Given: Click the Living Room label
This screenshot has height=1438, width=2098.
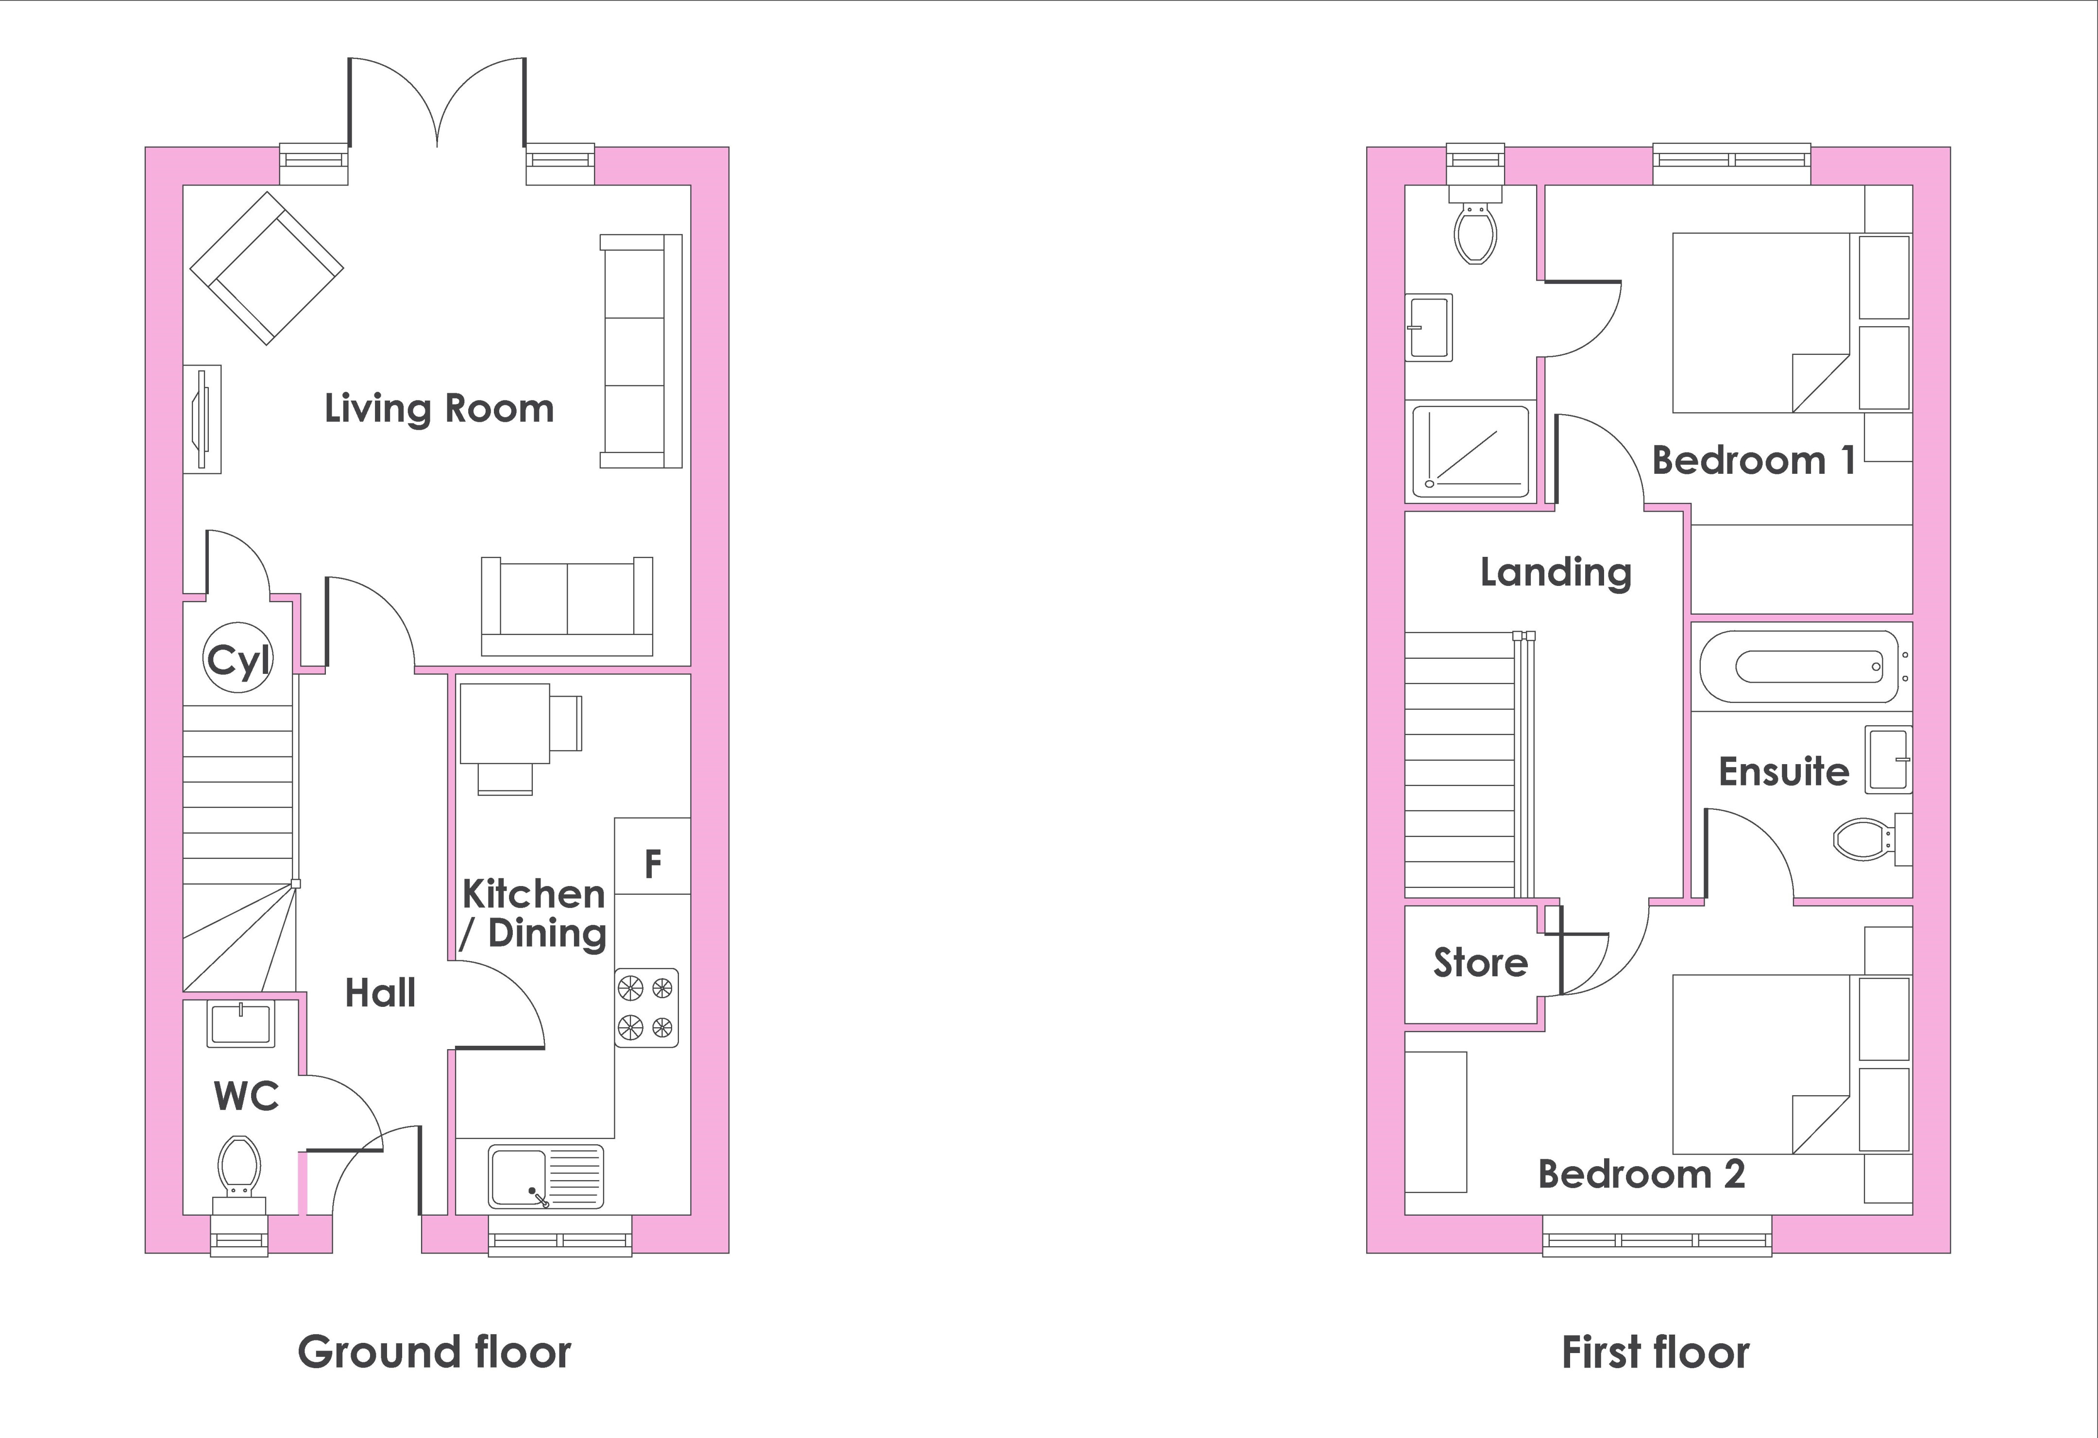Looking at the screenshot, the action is [x=439, y=409].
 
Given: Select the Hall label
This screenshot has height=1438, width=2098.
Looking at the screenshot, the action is [x=380, y=993].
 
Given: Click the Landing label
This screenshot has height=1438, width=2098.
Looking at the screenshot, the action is [x=1556, y=573].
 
